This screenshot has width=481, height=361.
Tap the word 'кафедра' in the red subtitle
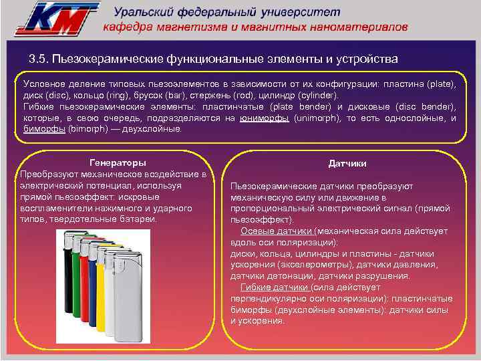coord(129,27)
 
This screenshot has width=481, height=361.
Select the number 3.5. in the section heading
coord(42,59)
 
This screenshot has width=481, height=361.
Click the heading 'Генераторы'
coord(118,163)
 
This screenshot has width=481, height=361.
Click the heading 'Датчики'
coord(347,164)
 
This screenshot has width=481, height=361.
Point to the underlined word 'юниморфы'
coord(265,118)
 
